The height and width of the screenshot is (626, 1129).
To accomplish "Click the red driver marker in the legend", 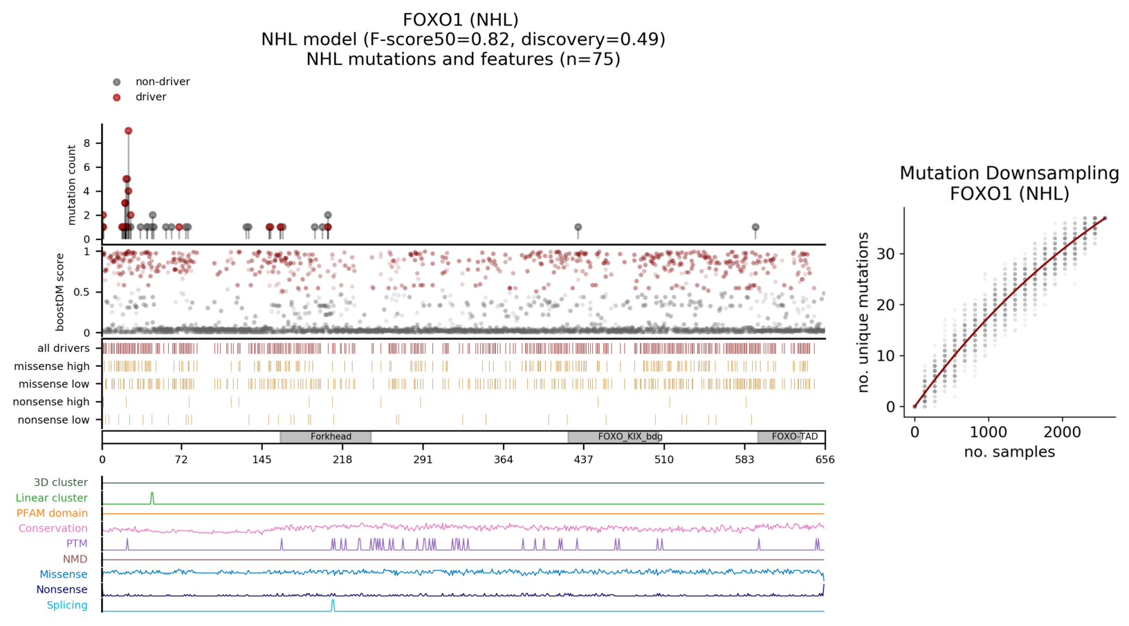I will [117, 97].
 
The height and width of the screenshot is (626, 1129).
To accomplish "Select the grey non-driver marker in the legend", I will [117, 82].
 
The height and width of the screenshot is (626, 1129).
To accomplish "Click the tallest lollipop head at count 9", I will [129, 131].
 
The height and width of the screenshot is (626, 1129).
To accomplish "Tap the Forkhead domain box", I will [326, 436].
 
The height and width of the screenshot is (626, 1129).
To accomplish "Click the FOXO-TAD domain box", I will [791, 436].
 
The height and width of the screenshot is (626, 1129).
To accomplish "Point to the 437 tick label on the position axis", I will [583, 459].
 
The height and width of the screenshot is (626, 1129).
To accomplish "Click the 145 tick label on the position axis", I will [261, 459].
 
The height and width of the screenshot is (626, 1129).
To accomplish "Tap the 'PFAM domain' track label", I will [52, 513].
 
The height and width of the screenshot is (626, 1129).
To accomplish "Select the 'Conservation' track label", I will [53, 528].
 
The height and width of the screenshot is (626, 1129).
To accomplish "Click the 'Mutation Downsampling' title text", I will [1009, 174].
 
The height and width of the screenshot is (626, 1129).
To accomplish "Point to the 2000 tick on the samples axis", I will [1062, 432].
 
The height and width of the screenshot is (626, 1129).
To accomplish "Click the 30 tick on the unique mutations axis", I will [886, 254].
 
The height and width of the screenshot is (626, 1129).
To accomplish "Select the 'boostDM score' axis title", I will [60, 292].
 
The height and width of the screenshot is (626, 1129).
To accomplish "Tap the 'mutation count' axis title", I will [72, 185].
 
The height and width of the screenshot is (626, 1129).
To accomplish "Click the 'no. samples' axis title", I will [1009, 452].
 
